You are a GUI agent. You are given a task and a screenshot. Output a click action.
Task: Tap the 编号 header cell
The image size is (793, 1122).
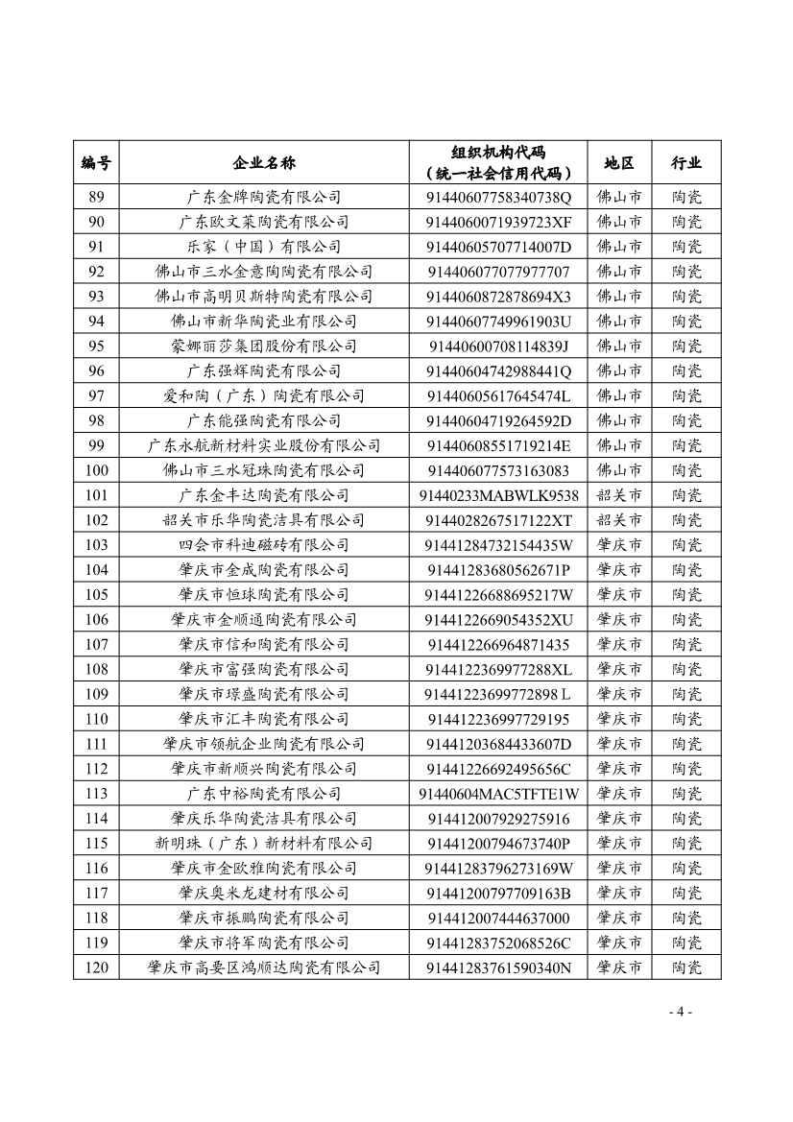coord(96,163)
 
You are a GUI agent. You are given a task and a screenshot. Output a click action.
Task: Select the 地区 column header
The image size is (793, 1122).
coord(619,163)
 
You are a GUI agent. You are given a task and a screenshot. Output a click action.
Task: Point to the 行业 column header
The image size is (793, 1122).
coord(686,163)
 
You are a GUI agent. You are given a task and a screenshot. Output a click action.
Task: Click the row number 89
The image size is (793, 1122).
coord(96,197)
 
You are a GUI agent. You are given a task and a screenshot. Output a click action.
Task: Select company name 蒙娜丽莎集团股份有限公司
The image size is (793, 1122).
coord(264,346)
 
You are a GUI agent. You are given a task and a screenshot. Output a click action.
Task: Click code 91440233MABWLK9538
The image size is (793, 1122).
coord(499,495)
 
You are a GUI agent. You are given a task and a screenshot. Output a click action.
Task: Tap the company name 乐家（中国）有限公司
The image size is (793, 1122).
coord(264,247)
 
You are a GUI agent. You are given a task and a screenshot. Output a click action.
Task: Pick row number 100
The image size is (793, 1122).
coord(96,470)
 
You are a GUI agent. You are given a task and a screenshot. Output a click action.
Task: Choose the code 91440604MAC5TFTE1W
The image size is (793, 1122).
coord(499,794)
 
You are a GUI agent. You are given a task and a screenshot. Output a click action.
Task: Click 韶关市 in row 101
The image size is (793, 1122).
coord(619,495)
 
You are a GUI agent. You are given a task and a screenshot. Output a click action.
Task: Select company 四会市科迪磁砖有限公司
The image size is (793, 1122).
coord(264,545)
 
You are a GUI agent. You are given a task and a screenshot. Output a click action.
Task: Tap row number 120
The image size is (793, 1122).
coord(96,967)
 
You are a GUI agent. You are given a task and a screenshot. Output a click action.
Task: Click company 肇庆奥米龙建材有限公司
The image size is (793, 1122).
coord(264,894)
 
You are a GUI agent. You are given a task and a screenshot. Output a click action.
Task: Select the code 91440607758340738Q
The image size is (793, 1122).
coord(499,197)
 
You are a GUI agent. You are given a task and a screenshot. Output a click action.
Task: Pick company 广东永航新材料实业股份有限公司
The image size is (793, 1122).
coord(264,445)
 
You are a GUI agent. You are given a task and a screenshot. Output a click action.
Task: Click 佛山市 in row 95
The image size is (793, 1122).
coord(619,346)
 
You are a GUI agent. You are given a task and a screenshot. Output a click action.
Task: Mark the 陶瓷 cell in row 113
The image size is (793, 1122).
coord(686,794)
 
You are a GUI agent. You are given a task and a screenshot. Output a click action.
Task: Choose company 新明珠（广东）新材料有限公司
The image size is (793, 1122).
coord(264,844)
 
